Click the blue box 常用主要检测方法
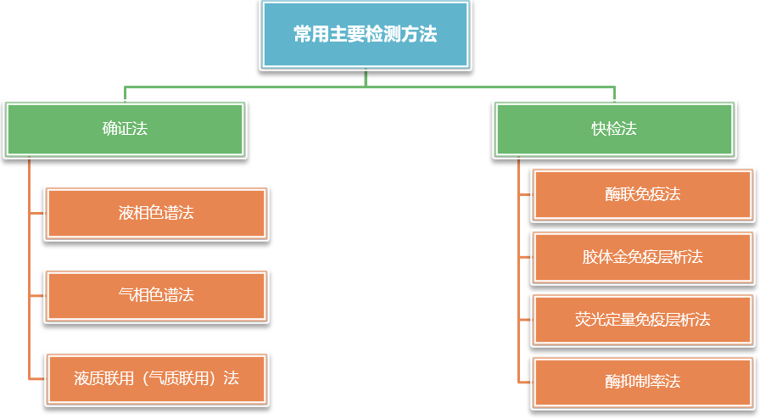click(365, 35)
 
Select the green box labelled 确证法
click(125, 129)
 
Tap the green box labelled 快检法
click(614, 129)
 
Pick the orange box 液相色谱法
click(156, 212)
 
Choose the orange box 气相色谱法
click(156, 295)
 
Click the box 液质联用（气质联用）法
click(156, 377)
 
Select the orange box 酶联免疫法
click(642, 194)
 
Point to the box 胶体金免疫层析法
click(642, 257)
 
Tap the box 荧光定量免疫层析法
click(642, 320)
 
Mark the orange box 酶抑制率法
click(642, 382)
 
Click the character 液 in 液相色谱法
click(126, 212)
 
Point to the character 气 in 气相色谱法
click(126, 295)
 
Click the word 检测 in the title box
click(379, 35)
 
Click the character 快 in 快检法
click(599, 129)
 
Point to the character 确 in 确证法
click(109, 129)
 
